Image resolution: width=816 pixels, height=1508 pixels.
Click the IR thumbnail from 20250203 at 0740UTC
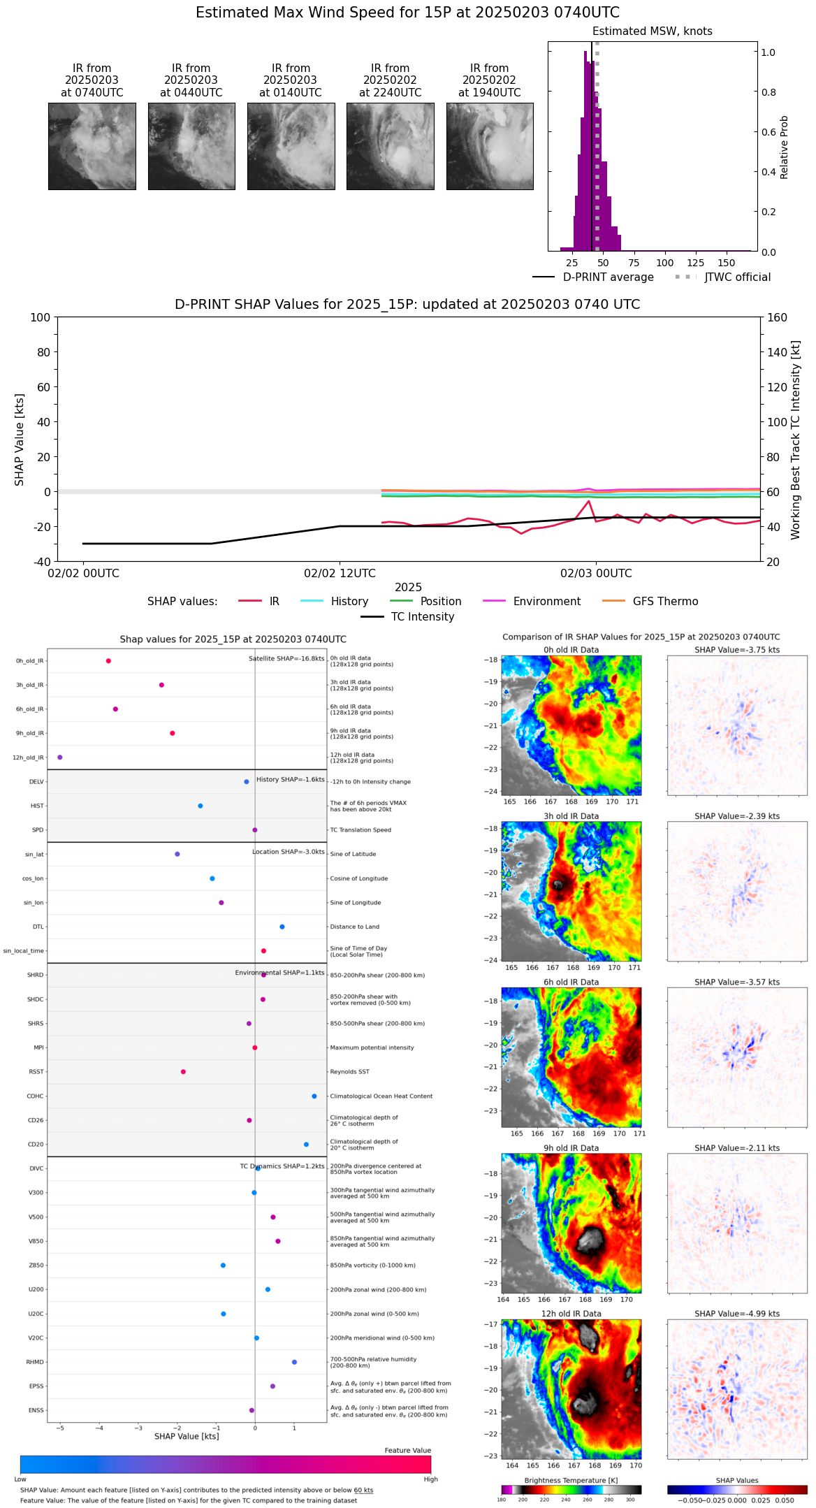pyautogui.click(x=92, y=146)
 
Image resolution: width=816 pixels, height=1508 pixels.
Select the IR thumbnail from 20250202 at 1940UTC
pyautogui.click(x=490, y=146)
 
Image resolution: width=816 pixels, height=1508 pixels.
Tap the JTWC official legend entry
pyautogui.click(x=737, y=277)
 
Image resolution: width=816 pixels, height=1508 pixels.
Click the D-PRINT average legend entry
pyautogui.click(x=608, y=277)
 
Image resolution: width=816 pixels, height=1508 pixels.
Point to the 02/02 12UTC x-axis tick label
pyautogui.click(x=340, y=574)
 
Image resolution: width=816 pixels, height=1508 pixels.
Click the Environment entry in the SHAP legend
pyautogui.click(x=546, y=602)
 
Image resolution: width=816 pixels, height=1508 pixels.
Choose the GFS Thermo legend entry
pyautogui.click(x=665, y=602)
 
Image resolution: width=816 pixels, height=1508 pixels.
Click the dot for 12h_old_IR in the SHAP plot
pyautogui.click(x=60, y=757)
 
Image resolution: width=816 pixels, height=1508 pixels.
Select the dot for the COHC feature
pyautogui.click(x=314, y=1096)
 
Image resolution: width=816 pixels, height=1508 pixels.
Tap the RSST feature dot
pyautogui.click(x=183, y=1072)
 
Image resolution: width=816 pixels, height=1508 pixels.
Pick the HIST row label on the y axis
pyautogui.click(x=37, y=806)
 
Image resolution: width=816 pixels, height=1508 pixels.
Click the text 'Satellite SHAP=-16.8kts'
pyautogui.click(x=286, y=659)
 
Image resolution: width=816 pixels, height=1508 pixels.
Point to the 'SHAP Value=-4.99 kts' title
pyautogui.click(x=737, y=1314)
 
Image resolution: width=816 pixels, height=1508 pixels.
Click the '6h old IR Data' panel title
pyautogui.click(x=571, y=982)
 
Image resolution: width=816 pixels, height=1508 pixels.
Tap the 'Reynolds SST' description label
pyautogui.click(x=349, y=1072)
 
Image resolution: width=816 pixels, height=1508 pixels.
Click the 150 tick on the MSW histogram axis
pyautogui.click(x=727, y=263)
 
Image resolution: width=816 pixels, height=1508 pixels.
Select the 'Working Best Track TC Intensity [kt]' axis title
pyautogui.click(x=795, y=440)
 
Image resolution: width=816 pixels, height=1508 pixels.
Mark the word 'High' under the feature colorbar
pyautogui.click(x=430, y=1479)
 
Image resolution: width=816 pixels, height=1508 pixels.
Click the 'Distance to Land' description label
pyautogui.click(x=355, y=927)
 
